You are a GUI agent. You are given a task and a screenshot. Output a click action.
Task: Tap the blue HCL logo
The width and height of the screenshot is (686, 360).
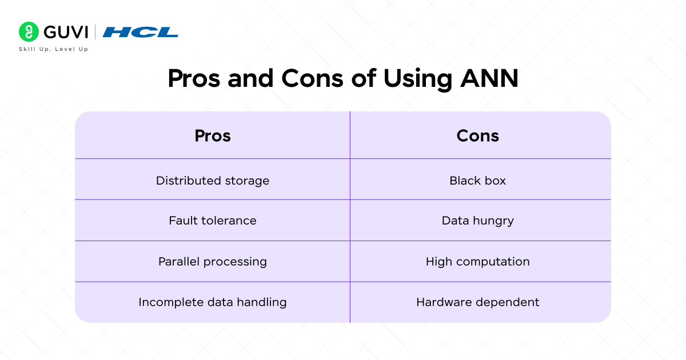141,32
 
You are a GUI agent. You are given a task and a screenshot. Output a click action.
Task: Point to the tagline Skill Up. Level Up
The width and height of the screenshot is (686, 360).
54,49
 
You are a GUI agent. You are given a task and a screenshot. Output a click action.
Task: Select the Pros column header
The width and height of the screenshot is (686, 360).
213,135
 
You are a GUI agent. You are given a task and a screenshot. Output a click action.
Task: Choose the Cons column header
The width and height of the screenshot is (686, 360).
478,135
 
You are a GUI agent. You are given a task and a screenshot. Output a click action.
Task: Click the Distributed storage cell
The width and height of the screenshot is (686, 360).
213,181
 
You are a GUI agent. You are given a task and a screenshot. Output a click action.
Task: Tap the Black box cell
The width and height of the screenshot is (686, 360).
478,181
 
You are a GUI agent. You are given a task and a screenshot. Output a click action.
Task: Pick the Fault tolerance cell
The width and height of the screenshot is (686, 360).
213,221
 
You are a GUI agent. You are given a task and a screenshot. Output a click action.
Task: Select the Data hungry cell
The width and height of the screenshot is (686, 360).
478,221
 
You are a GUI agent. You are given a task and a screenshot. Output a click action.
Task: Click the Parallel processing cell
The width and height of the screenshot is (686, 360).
213,262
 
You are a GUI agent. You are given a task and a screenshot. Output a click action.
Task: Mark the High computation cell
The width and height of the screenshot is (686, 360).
478,262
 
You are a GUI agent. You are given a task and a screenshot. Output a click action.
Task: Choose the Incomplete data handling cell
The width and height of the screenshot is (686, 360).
213,302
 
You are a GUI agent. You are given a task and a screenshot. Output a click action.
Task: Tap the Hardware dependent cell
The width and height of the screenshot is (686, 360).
478,302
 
